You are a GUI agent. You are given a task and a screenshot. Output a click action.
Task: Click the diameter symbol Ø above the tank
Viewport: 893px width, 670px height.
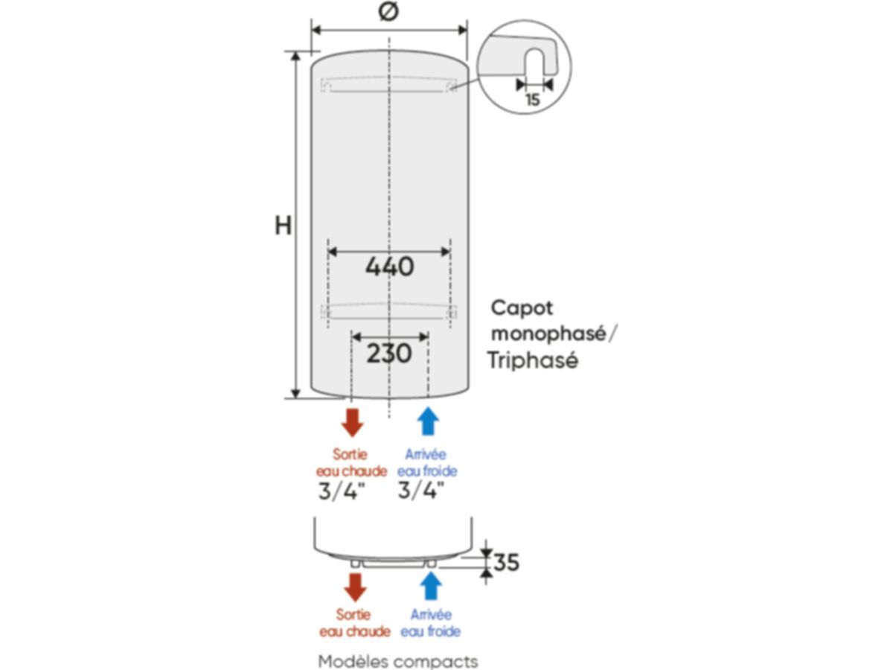[x=388, y=13]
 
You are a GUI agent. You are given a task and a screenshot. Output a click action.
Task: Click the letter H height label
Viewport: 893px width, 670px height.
[x=283, y=226]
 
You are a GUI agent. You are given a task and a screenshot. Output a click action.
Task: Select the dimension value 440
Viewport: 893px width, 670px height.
[x=389, y=266]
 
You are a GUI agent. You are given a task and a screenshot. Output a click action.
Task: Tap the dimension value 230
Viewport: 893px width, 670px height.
[x=389, y=353]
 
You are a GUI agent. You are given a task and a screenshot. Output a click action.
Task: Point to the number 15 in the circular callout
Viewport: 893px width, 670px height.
[x=532, y=100]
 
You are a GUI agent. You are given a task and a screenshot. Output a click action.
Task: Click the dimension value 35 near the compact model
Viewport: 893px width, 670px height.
[x=506, y=563]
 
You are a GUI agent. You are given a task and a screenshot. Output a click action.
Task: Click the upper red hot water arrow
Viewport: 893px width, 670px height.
[x=351, y=421]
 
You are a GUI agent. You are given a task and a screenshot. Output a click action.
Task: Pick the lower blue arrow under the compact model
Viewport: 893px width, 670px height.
[x=430, y=587]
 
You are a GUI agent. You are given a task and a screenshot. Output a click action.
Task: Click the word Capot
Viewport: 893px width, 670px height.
[x=522, y=308]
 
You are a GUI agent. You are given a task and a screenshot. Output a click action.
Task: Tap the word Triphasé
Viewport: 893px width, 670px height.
[x=533, y=361]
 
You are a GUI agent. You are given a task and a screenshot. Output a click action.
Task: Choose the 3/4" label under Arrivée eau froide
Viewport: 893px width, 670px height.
[x=420, y=491]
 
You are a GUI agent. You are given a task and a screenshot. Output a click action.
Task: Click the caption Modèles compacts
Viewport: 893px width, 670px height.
[x=398, y=661]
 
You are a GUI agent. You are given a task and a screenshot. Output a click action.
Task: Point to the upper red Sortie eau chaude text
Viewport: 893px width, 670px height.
[x=351, y=462]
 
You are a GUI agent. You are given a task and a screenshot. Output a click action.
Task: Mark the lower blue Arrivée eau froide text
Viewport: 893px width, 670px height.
[x=430, y=623]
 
